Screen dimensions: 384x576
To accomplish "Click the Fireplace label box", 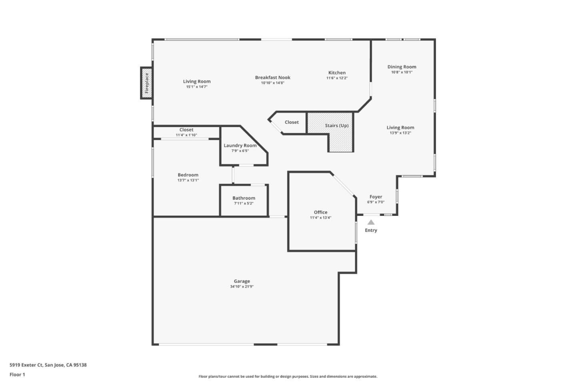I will [147, 83].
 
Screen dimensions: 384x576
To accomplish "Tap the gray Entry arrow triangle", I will [371, 222].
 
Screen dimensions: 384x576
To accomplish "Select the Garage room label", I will [242, 281].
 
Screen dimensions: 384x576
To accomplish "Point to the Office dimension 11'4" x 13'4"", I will [320, 218].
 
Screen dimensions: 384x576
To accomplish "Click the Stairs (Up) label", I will [336, 125].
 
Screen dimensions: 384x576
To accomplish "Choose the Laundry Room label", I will [240, 145].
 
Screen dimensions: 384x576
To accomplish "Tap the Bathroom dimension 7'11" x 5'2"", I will [244, 203].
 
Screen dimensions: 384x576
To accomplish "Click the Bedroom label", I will [188, 175].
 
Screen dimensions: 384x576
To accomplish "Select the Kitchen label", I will [337, 72].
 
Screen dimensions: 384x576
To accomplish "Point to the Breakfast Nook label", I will [273, 77].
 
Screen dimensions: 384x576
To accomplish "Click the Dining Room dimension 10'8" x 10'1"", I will [402, 72].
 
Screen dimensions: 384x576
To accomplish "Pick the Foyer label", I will [376, 197].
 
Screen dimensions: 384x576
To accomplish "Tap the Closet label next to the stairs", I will [292, 122].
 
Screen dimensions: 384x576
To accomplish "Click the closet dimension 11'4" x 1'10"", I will [186, 135].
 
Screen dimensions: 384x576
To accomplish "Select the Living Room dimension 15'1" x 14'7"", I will [197, 87].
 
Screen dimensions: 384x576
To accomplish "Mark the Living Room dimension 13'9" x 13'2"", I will [400, 133].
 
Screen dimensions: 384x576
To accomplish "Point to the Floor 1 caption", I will [17, 374].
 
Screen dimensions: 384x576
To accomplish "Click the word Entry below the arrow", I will [371, 230].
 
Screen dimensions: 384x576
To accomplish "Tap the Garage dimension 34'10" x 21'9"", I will [242, 287].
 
